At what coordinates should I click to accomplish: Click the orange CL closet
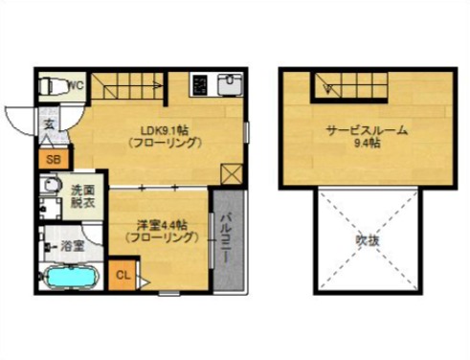[123, 277]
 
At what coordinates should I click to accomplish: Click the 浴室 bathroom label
[73, 246]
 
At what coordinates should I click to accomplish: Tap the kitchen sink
[229, 87]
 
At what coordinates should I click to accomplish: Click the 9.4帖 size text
[367, 146]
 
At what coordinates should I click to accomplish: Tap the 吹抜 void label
[368, 239]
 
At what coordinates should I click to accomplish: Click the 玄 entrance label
[48, 125]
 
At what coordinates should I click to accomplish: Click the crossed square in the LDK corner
[230, 172]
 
